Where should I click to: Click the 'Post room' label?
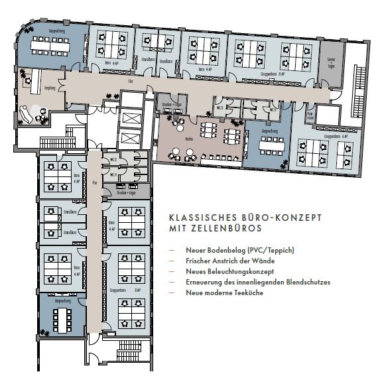(310, 114)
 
